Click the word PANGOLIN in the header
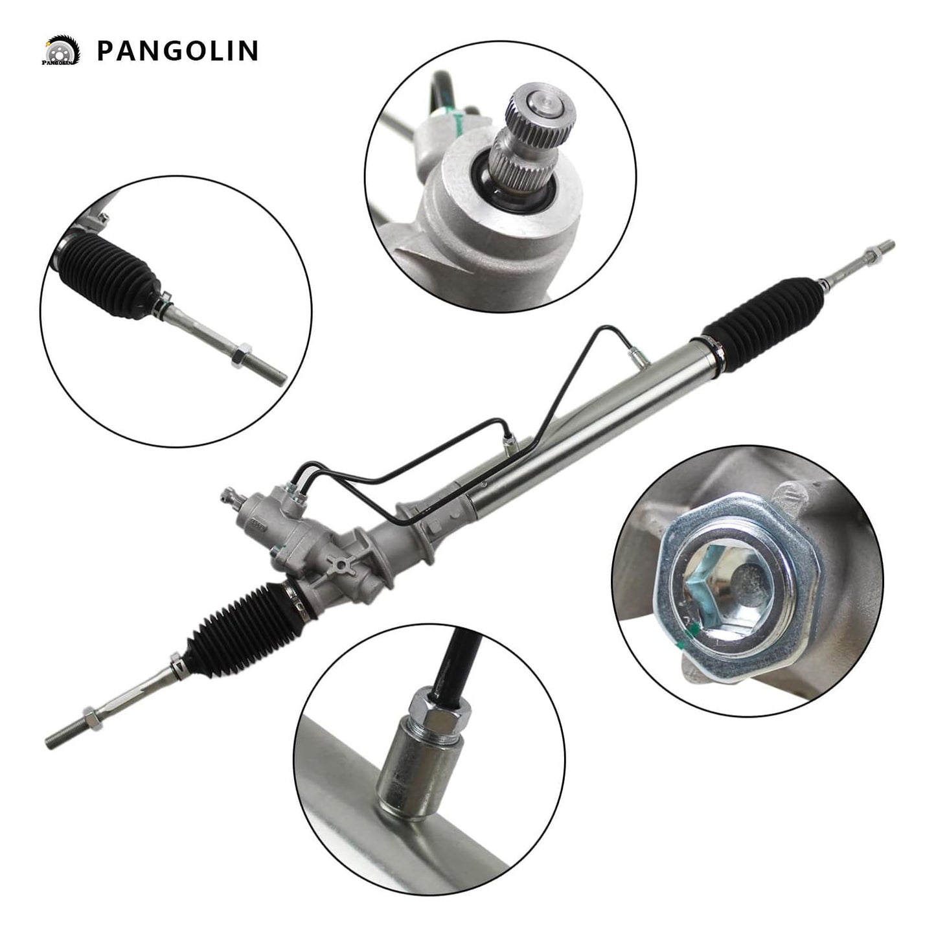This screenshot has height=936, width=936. coord(177,51)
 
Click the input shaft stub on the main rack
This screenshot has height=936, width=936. coord(229,498)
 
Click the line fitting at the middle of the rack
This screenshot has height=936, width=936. coord(508,441)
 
